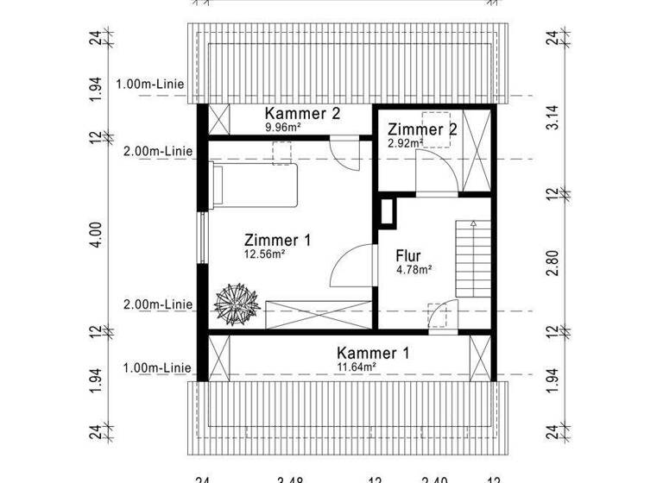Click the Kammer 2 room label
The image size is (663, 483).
tap(302, 114)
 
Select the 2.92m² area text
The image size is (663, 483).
tap(404, 142)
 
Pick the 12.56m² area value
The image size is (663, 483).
tap(266, 254)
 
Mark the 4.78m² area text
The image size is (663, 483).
tap(414, 269)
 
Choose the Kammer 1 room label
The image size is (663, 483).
tap(373, 353)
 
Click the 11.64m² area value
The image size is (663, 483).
tap(358, 367)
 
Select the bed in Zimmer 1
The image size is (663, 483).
tap(255, 185)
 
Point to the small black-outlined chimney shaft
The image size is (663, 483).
tap(387, 212)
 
